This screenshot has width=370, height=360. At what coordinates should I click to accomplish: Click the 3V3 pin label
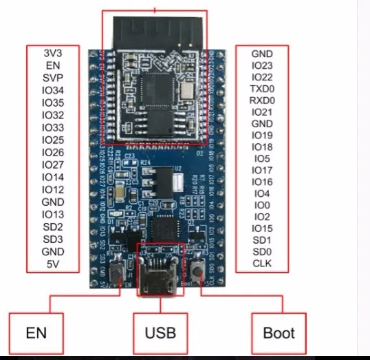pyautogui.click(x=53, y=53)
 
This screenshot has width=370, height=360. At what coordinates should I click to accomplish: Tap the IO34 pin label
pyautogui.click(x=53, y=90)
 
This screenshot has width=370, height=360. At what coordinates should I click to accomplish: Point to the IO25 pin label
pyautogui.click(x=53, y=140)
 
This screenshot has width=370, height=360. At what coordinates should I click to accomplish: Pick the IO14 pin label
pyautogui.click(x=53, y=177)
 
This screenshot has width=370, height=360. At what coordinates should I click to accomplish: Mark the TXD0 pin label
pyautogui.click(x=261, y=90)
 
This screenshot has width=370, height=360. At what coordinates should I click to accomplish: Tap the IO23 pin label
pyautogui.click(x=261, y=65)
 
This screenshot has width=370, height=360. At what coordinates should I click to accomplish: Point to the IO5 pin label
pyautogui.click(x=261, y=158)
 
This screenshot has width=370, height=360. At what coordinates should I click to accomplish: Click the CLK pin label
pyautogui.click(x=261, y=264)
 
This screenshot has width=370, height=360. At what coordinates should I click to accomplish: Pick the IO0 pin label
pyautogui.click(x=261, y=205)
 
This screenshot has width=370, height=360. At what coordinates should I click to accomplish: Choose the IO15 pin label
pyautogui.click(x=261, y=229)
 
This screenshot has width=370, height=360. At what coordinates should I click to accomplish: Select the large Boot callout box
pyautogui.click(x=279, y=332)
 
